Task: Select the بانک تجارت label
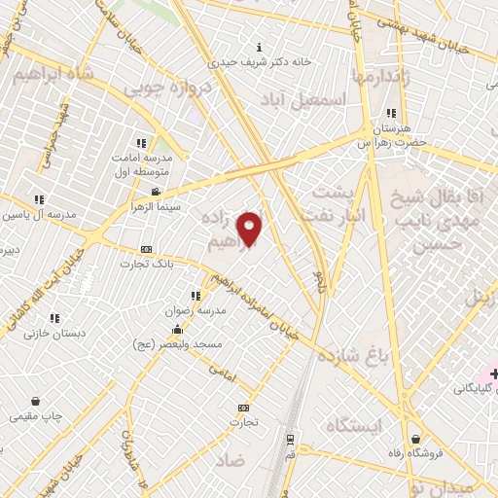click(146, 263)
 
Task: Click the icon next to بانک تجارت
click(146, 248)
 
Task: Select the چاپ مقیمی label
click(36, 416)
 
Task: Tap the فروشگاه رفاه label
click(415, 452)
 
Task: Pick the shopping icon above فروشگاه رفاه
click(415, 438)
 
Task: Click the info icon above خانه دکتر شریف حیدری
click(258, 47)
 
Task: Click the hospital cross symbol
click(493, 373)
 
